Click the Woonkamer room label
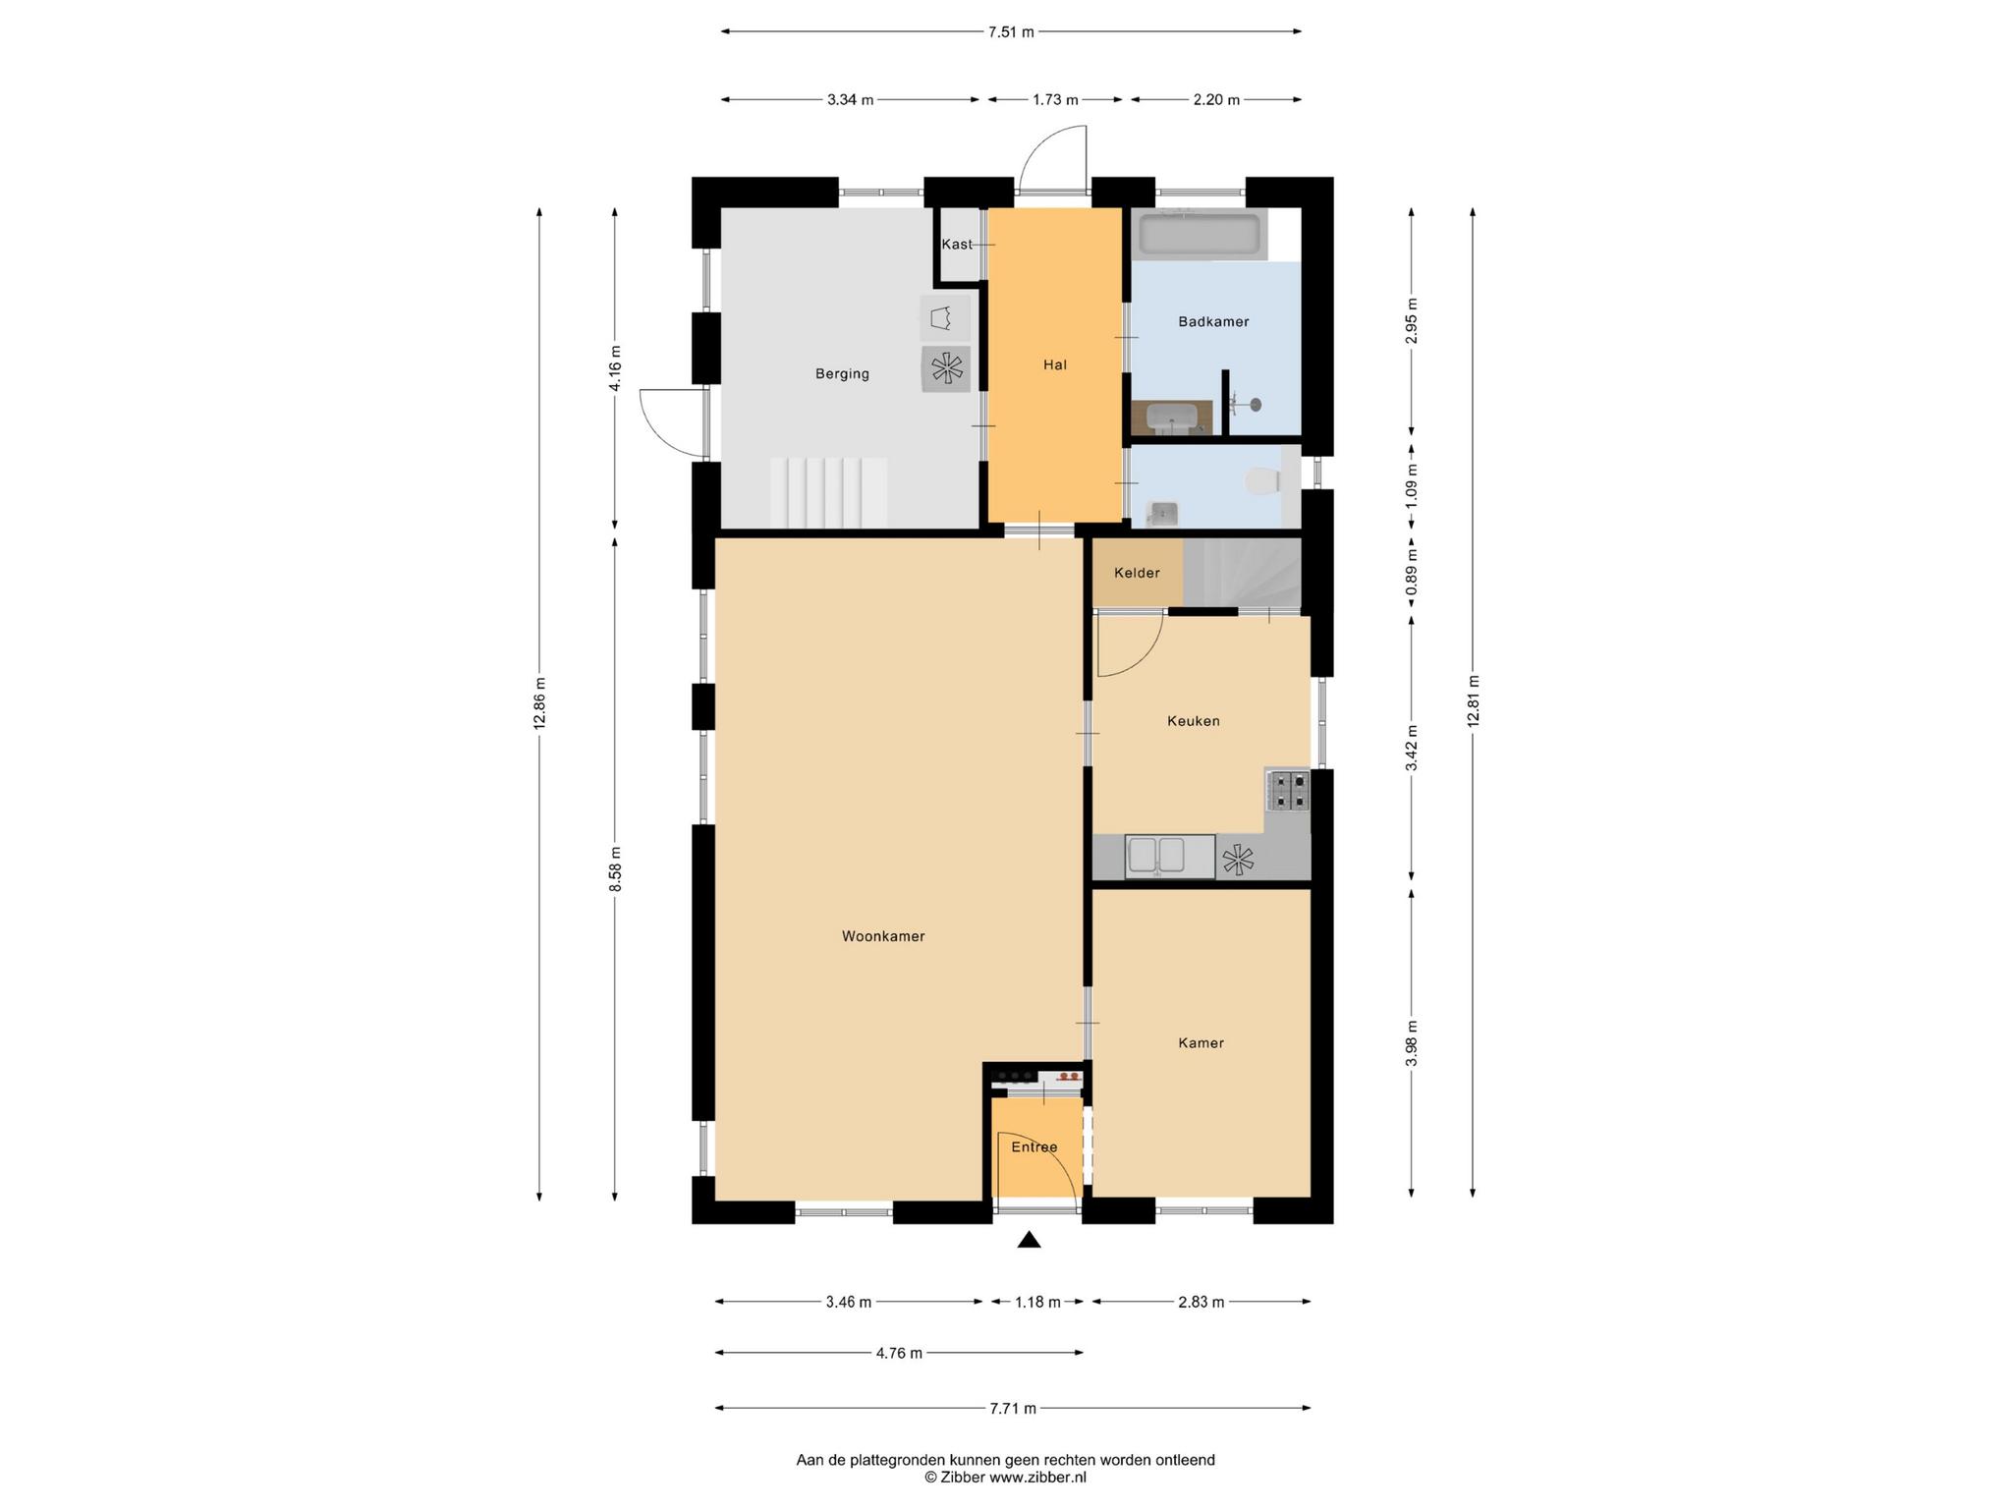[x=883, y=936]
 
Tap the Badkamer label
[x=1213, y=321]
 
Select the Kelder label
[x=1137, y=573]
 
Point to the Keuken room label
[x=1194, y=721]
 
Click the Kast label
[x=957, y=245]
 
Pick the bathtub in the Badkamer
[x=1200, y=236]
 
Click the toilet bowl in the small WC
[x=1261, y=481]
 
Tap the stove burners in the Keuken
[x=1288, y=791]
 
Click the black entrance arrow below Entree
[x=1029, y=1240]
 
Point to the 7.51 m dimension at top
[x=1011, y=31]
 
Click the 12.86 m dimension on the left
[x=539, y=704]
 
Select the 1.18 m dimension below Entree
[x=1037, y=1302]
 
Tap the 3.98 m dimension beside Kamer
[x=1412, y=1042]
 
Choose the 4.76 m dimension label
[x=899, y=1353]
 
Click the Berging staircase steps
[x=829, y=492]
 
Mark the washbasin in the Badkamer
[x=1171, y=418]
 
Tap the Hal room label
[x=1055, y=364]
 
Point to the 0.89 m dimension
[x=1412, y=578]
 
